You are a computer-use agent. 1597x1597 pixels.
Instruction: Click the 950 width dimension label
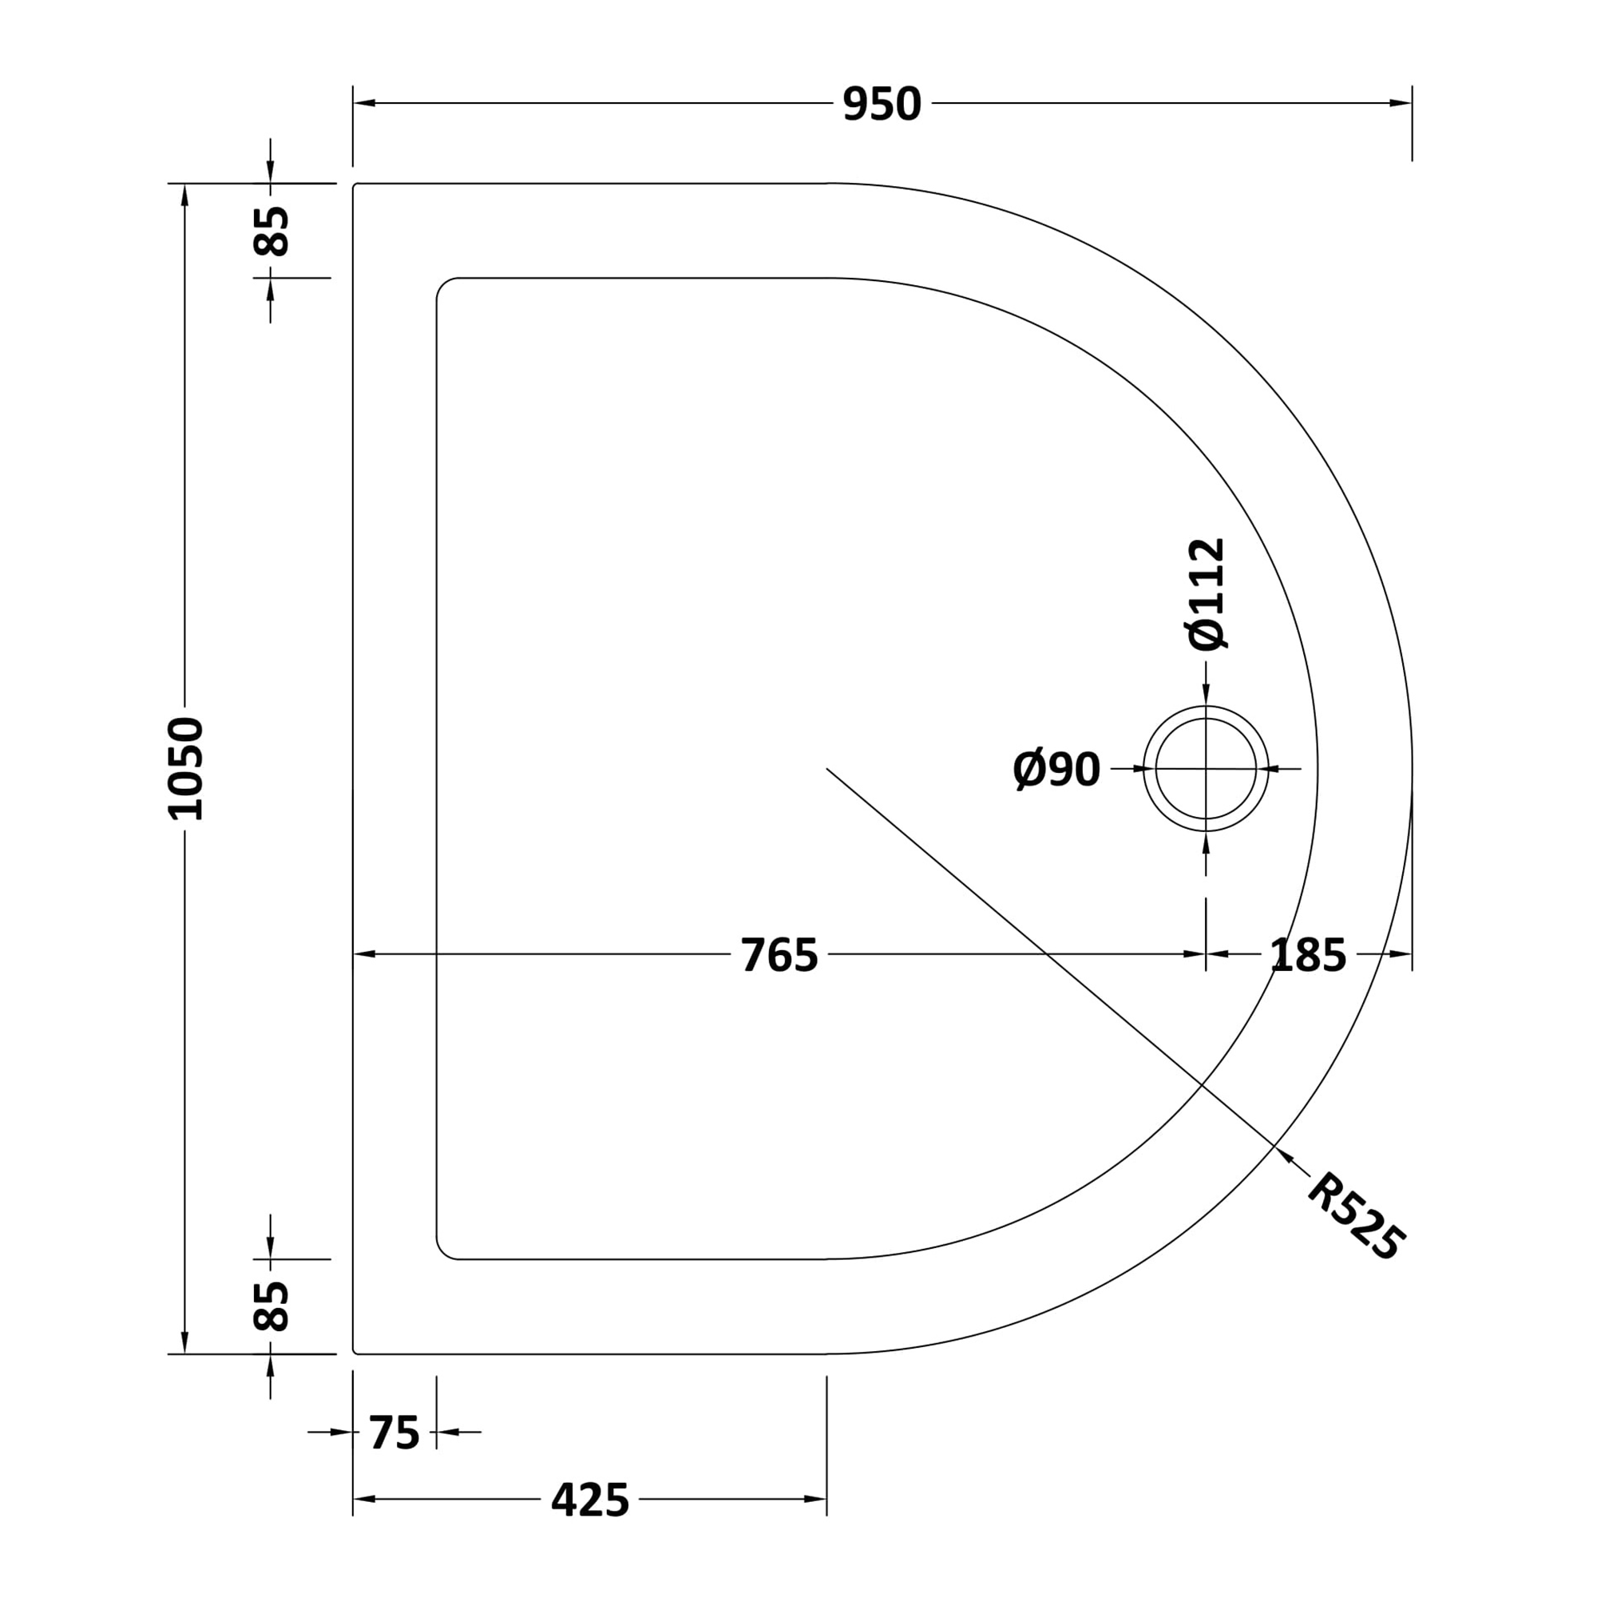[882, 104]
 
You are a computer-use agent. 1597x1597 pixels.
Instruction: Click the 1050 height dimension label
[184, 769]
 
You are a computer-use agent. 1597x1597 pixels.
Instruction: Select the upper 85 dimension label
[271, 231]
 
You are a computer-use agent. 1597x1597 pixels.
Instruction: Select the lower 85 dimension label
[271, 1306]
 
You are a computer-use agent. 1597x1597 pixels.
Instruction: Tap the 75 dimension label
[394, 1433]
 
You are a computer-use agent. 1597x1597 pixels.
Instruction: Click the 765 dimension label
[779, 956]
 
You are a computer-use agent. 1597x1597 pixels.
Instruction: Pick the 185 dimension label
[1308, 956]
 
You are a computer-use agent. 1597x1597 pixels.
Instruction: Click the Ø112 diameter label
[1206, 594]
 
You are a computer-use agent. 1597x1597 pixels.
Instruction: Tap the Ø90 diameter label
[1056, 770]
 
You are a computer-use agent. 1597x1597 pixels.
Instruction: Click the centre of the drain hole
[1206, 769]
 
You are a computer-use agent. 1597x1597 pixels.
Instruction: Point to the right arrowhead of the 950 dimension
[1401, 103]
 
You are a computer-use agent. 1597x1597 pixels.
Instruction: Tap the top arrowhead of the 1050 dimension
[184, 195]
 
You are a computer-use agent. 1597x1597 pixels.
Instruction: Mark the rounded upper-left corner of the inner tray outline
[444, 286]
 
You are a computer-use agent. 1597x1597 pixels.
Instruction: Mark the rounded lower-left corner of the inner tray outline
[444, 1251]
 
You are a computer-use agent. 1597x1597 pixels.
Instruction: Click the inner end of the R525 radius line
[827, 769]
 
